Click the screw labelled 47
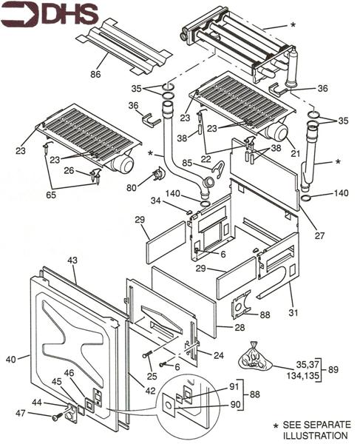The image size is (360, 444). (x=56, y=417)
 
